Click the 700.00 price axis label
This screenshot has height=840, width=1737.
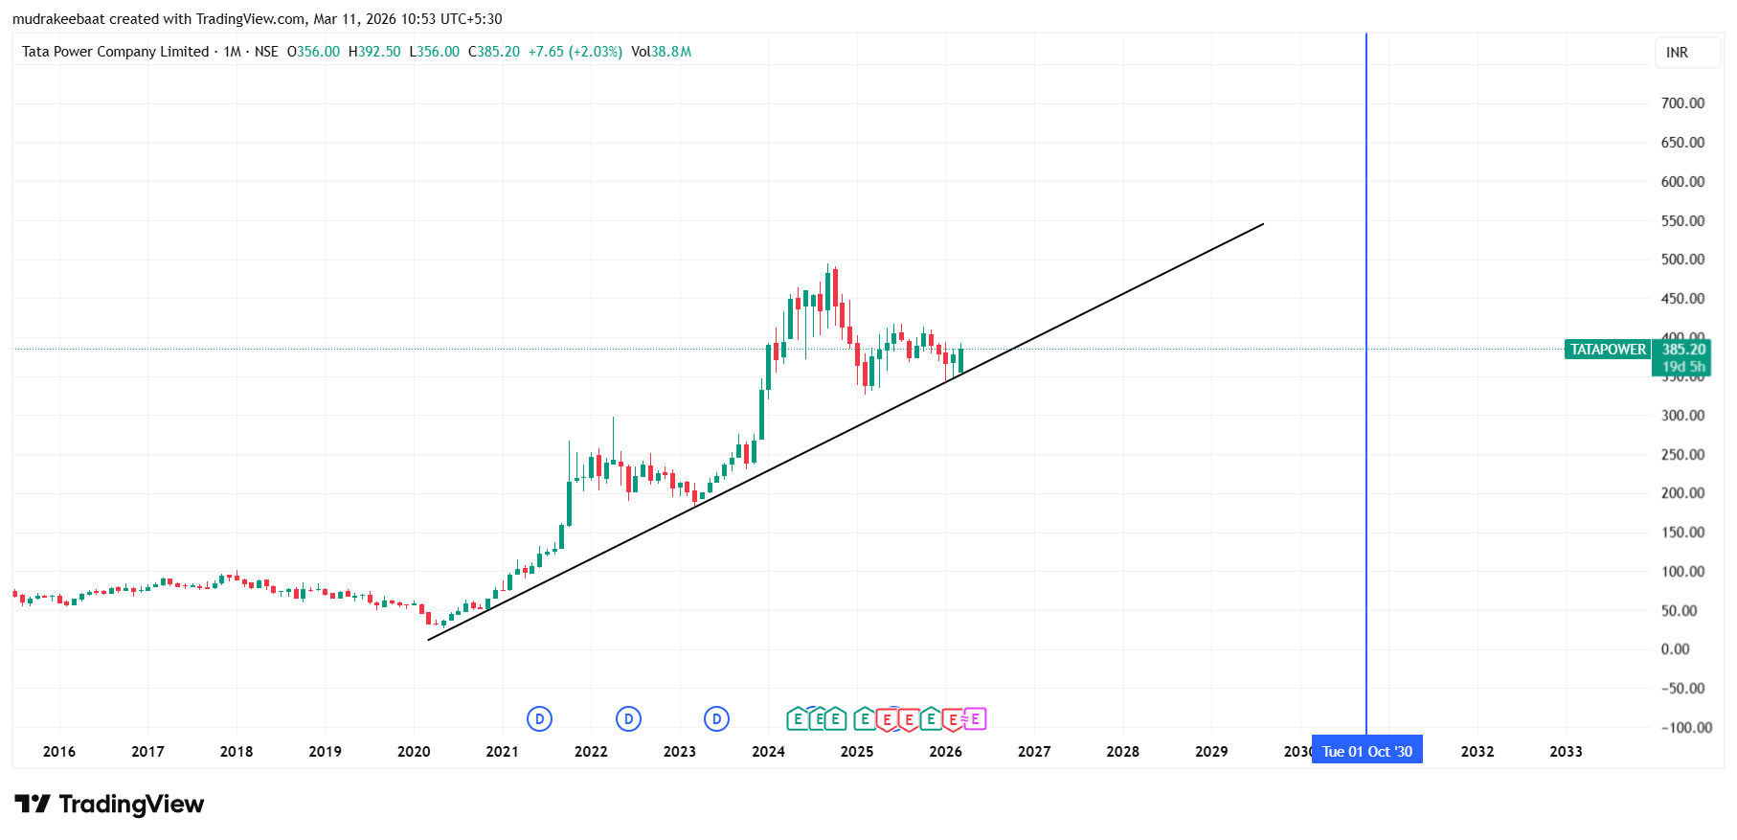[x=1681, y=103]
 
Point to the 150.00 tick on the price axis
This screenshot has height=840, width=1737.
[x=1681, y=533]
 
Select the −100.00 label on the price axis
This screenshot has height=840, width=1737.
[x=1685, y=728]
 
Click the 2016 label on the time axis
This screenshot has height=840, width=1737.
[x=59, y=752]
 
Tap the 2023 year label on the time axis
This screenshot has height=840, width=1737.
[x=679, y=752]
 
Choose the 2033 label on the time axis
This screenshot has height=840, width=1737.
[x=1566, y=752]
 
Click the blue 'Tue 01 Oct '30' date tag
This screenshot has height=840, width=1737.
[x=1366, y=752]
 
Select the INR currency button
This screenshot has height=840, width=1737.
[x=1677, y=53]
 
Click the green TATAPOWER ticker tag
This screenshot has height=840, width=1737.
[x=1608, y=350]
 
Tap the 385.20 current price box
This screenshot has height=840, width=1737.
[x=1682, y=350]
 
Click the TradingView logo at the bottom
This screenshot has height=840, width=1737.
[x=109, y=805]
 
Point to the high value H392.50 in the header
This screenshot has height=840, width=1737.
[x=374, y=52]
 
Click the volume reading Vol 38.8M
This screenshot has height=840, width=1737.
[x=661, y=52]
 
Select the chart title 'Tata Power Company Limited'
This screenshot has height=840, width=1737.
[x=115, y=52]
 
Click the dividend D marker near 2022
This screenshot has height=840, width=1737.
[x=628, y=719]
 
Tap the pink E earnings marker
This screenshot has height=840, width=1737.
[x=975, y=719]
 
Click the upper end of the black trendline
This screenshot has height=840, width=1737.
[x=1263, y=224]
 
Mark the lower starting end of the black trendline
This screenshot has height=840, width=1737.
[x=429, y=640]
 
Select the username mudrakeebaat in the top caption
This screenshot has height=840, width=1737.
[x=57, y=19]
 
